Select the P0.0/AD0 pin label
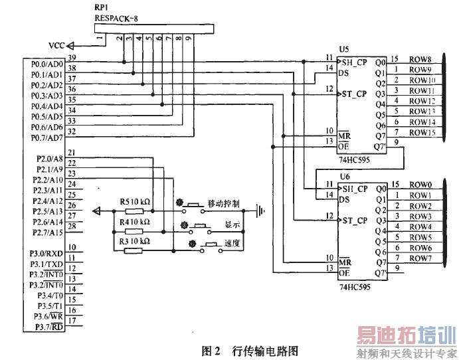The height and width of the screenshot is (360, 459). pyautogui.click(x=47, y=64)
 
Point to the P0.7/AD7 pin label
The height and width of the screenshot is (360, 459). pyautogui.click(x=47, y=137)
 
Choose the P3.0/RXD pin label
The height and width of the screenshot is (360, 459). pyautogui.click(x=46, y=253)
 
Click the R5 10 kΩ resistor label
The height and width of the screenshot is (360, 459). pyautogui.click(x=135, y=201)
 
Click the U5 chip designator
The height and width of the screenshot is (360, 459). pyautogui.click(x=343, y=50)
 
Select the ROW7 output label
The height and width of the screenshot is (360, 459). pyautogui.click(x=421, y=258)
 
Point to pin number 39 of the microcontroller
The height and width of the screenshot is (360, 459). pyautogui.click(x=72, y=58)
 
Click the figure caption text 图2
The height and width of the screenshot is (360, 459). pyautogui.click(x=211, y=350)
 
